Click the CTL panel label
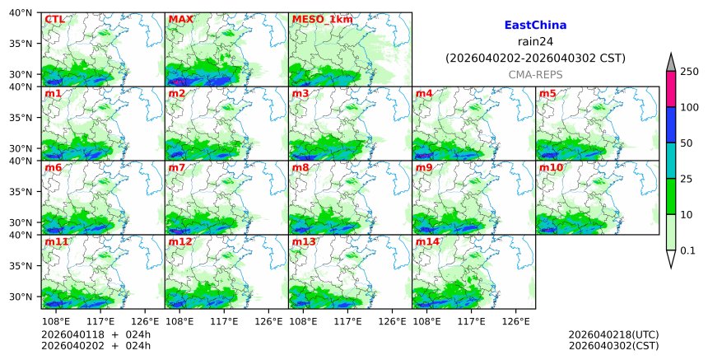54,19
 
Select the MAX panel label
180,19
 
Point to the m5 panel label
547,93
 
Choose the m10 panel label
551,167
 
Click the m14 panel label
427,241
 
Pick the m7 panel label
177,167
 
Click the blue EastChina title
535,26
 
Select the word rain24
535,42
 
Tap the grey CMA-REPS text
535,74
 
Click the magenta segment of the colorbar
671,89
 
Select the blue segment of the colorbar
671,125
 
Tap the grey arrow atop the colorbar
671,63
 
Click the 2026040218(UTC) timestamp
613,334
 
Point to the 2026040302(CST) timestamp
613,344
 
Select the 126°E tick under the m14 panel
515,321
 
